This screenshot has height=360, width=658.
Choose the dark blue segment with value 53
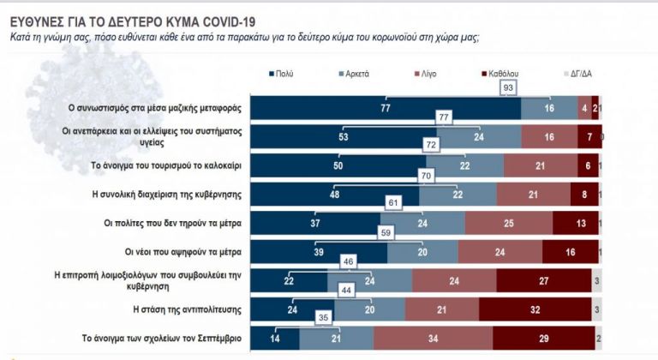pos(343,136)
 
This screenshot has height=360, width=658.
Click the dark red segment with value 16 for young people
pos(569,252)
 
